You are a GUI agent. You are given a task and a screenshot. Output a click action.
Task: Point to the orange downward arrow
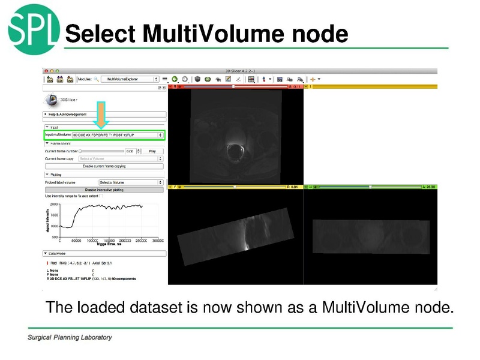click(x=102, y=115)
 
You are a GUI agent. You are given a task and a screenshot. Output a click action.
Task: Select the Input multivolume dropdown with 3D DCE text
click(x=118, y=136)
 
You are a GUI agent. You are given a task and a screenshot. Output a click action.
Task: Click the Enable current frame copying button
click(x=104, y=166)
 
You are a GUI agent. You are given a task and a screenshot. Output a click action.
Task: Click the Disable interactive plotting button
click(x=104, y=190)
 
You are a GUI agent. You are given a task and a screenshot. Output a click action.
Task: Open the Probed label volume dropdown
click(x=131, y=182)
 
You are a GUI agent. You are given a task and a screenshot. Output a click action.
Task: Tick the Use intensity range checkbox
click(x=101, y=196)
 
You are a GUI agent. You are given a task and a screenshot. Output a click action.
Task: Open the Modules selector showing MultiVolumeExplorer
click(x=130, y=79)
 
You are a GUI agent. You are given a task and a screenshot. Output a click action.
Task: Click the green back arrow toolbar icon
click(x=175, y=79)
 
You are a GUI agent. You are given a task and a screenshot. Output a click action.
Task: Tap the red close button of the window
click(x=46, y=70)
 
